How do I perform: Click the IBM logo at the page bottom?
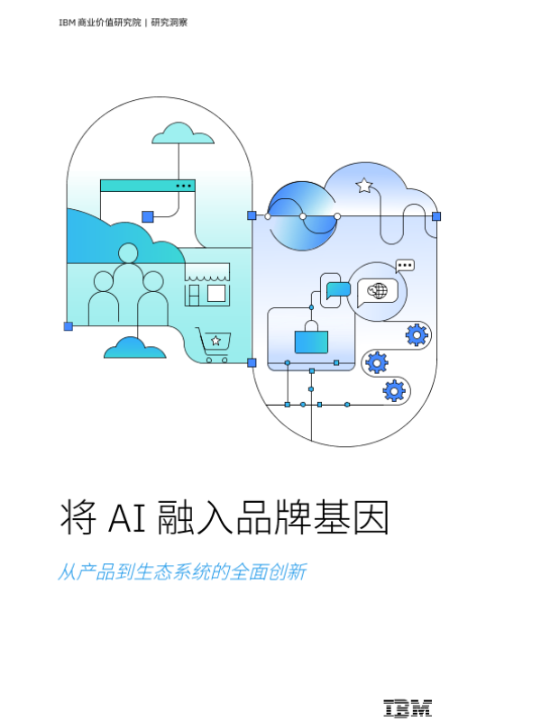point(407,708)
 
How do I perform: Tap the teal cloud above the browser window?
point(183,134)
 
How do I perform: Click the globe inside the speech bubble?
point(379,291)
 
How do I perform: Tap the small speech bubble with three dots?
point(405,266)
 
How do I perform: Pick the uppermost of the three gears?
point(416,335)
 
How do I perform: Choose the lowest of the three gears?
point(394,390)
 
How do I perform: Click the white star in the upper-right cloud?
point(364,186)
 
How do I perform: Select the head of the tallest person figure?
point(128,253)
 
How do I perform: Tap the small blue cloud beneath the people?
point(134,348)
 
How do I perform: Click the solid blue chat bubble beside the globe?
point(338,289)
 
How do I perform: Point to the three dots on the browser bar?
point(183,186)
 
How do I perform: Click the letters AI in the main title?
point(124,518)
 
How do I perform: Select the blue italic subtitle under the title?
point(182,572)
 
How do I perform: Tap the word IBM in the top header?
point(66,23)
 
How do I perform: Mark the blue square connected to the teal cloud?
point(148,216)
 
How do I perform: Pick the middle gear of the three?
point(376,362)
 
